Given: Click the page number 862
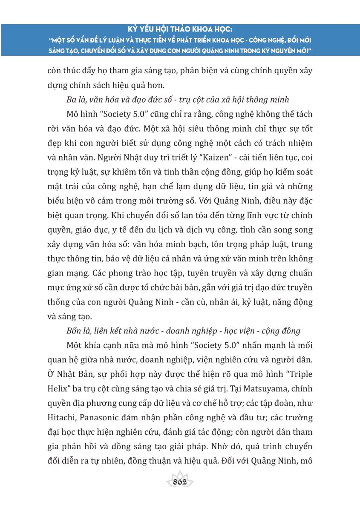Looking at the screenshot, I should [181, 482].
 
